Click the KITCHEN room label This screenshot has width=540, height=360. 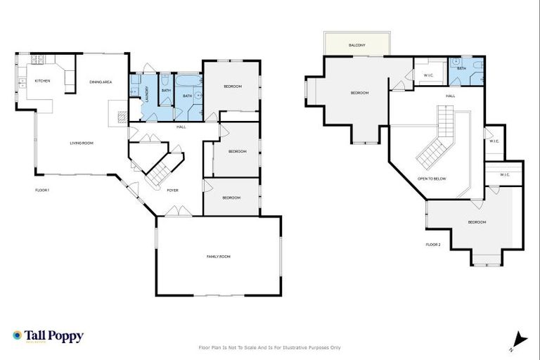pyautogui.click(x=42, y=81)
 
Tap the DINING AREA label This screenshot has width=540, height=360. pyautogui.click(x=101, y=82)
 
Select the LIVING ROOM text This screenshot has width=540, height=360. pyautogui.click(x=82, y=143)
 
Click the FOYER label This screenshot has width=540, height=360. pyautogui.click(x=172, y=190)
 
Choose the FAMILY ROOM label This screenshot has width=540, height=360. pyautogui.click(x=218, y=257)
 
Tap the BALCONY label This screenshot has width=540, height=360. pyautogui.click(x=356, y=46)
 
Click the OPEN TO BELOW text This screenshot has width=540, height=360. pyautogui.click(x=432, y=179)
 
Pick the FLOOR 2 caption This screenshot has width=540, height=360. pyautogui.click(x=433, y=244)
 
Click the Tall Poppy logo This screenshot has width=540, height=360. pyautogui.click(x=48, y=336)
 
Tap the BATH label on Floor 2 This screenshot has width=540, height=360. pyautogui.click(x=461, y=68)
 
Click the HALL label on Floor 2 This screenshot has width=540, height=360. pyautogui.click(x=450, y=96)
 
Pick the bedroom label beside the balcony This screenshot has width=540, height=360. pyautogui.click(x=359, y=93)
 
